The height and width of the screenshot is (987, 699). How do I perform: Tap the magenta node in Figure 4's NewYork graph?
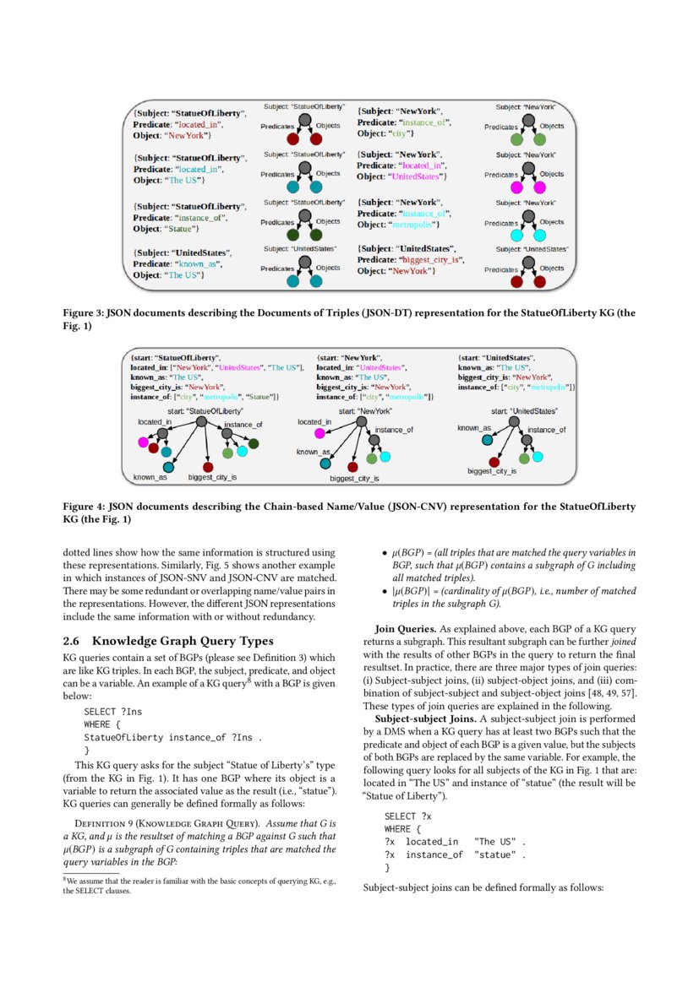pyautogui.click(x=319, y=433)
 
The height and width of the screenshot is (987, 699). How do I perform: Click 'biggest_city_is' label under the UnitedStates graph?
pyautogui.click(x=492, y=470)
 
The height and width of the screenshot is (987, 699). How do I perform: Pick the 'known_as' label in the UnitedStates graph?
pyautogui.click(x=474, y=428)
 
